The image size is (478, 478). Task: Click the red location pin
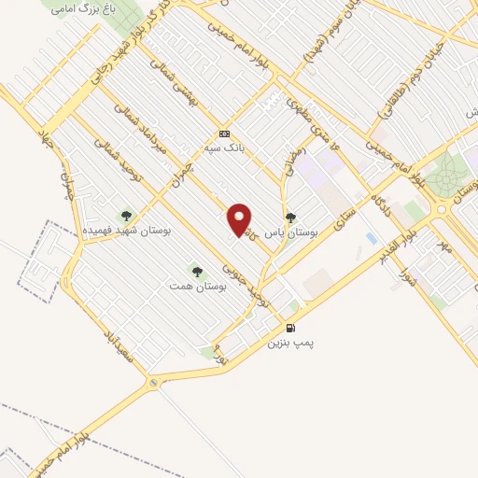point(240,218)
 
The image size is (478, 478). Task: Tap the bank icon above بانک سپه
point(224,133)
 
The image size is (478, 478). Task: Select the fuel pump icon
point(291,328)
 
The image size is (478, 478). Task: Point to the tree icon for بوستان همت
point(196,271)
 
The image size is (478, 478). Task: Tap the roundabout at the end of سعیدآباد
point(153,383)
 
